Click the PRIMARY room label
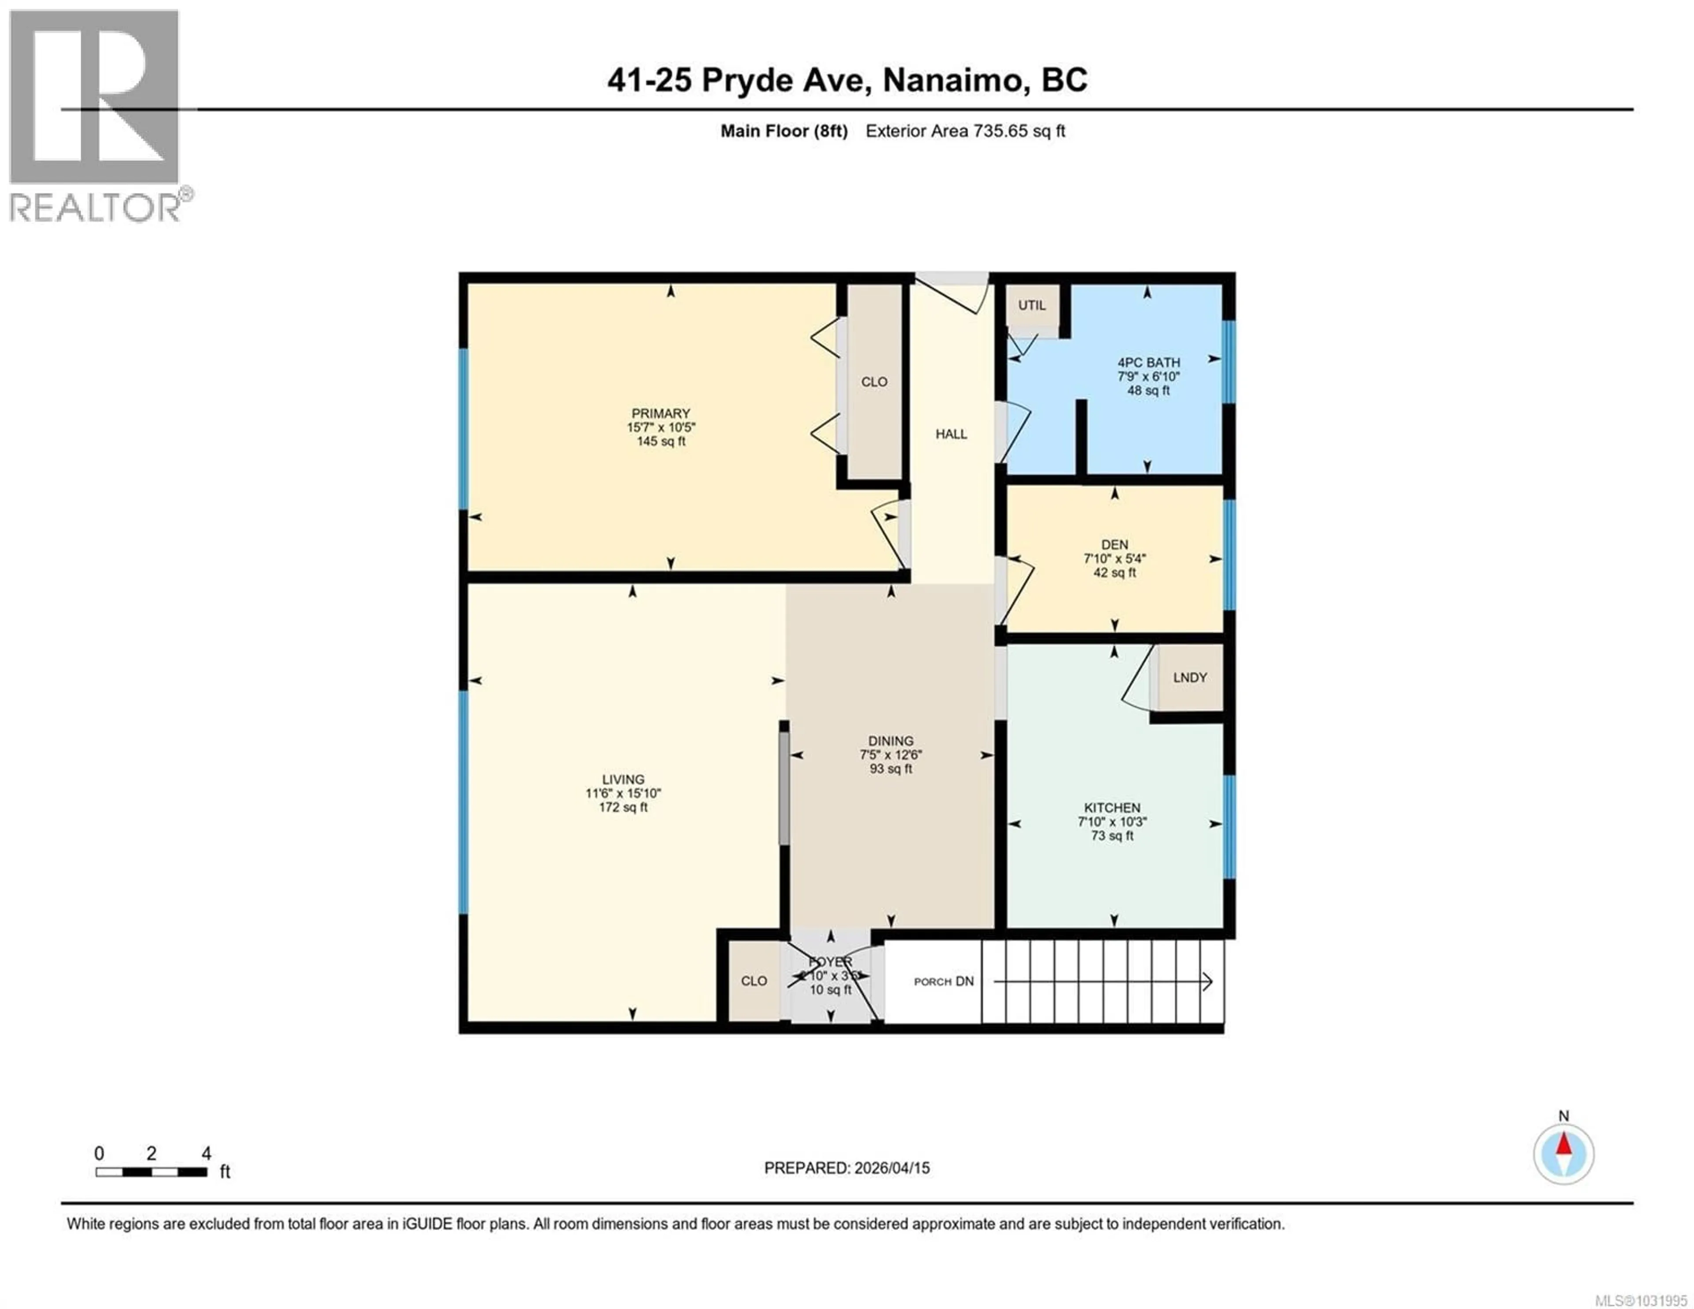(660, 413)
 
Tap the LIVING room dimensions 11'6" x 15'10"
(623, 793)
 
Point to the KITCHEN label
(1112, 808)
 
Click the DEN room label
(1115, 545)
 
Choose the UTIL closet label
(1031, 305)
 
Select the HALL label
(951, 434)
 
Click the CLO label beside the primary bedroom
(874, 382)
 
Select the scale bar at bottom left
(151, 1172)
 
